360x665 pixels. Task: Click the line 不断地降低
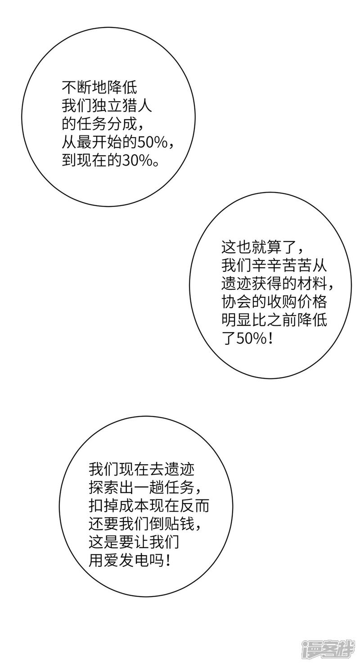[99, 87]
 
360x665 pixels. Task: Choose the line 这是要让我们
[135, 543]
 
